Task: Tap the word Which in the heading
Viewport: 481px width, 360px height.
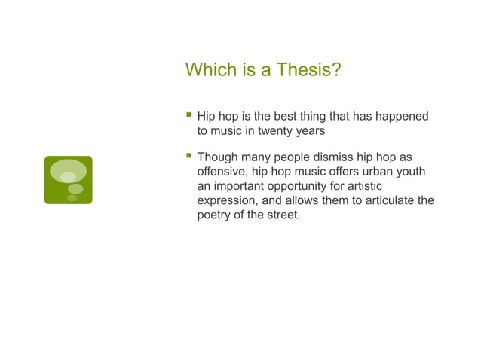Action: (208, 71)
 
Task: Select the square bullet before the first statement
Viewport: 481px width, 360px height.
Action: (188, 115)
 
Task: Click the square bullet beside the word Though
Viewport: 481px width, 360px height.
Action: (188, 156)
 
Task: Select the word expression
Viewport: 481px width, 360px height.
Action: (230, 200)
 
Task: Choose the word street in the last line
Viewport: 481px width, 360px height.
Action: (283, 215)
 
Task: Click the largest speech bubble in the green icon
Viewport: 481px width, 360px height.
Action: (68, 171)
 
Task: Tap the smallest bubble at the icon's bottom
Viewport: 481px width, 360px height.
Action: (72, 198)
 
